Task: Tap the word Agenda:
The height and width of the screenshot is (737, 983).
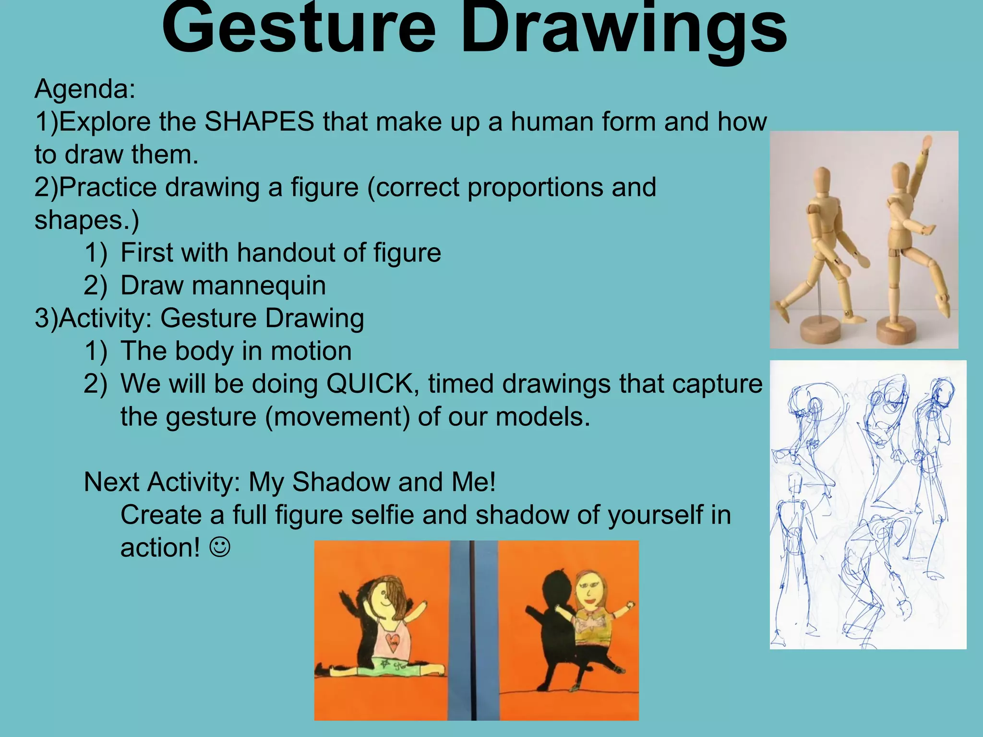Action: pyautogui.click(x=85, y=89)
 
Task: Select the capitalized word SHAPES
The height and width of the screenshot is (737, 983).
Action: pyautogui.click(x=259, y=122)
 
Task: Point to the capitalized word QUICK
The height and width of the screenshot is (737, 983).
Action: pyautogui.click(x=370, y=384)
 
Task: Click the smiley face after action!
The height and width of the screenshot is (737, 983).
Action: pyautogui.click(x=220, y=547)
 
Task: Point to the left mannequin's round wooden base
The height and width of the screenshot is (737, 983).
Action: pyautogui.click(x=820, y=331)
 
